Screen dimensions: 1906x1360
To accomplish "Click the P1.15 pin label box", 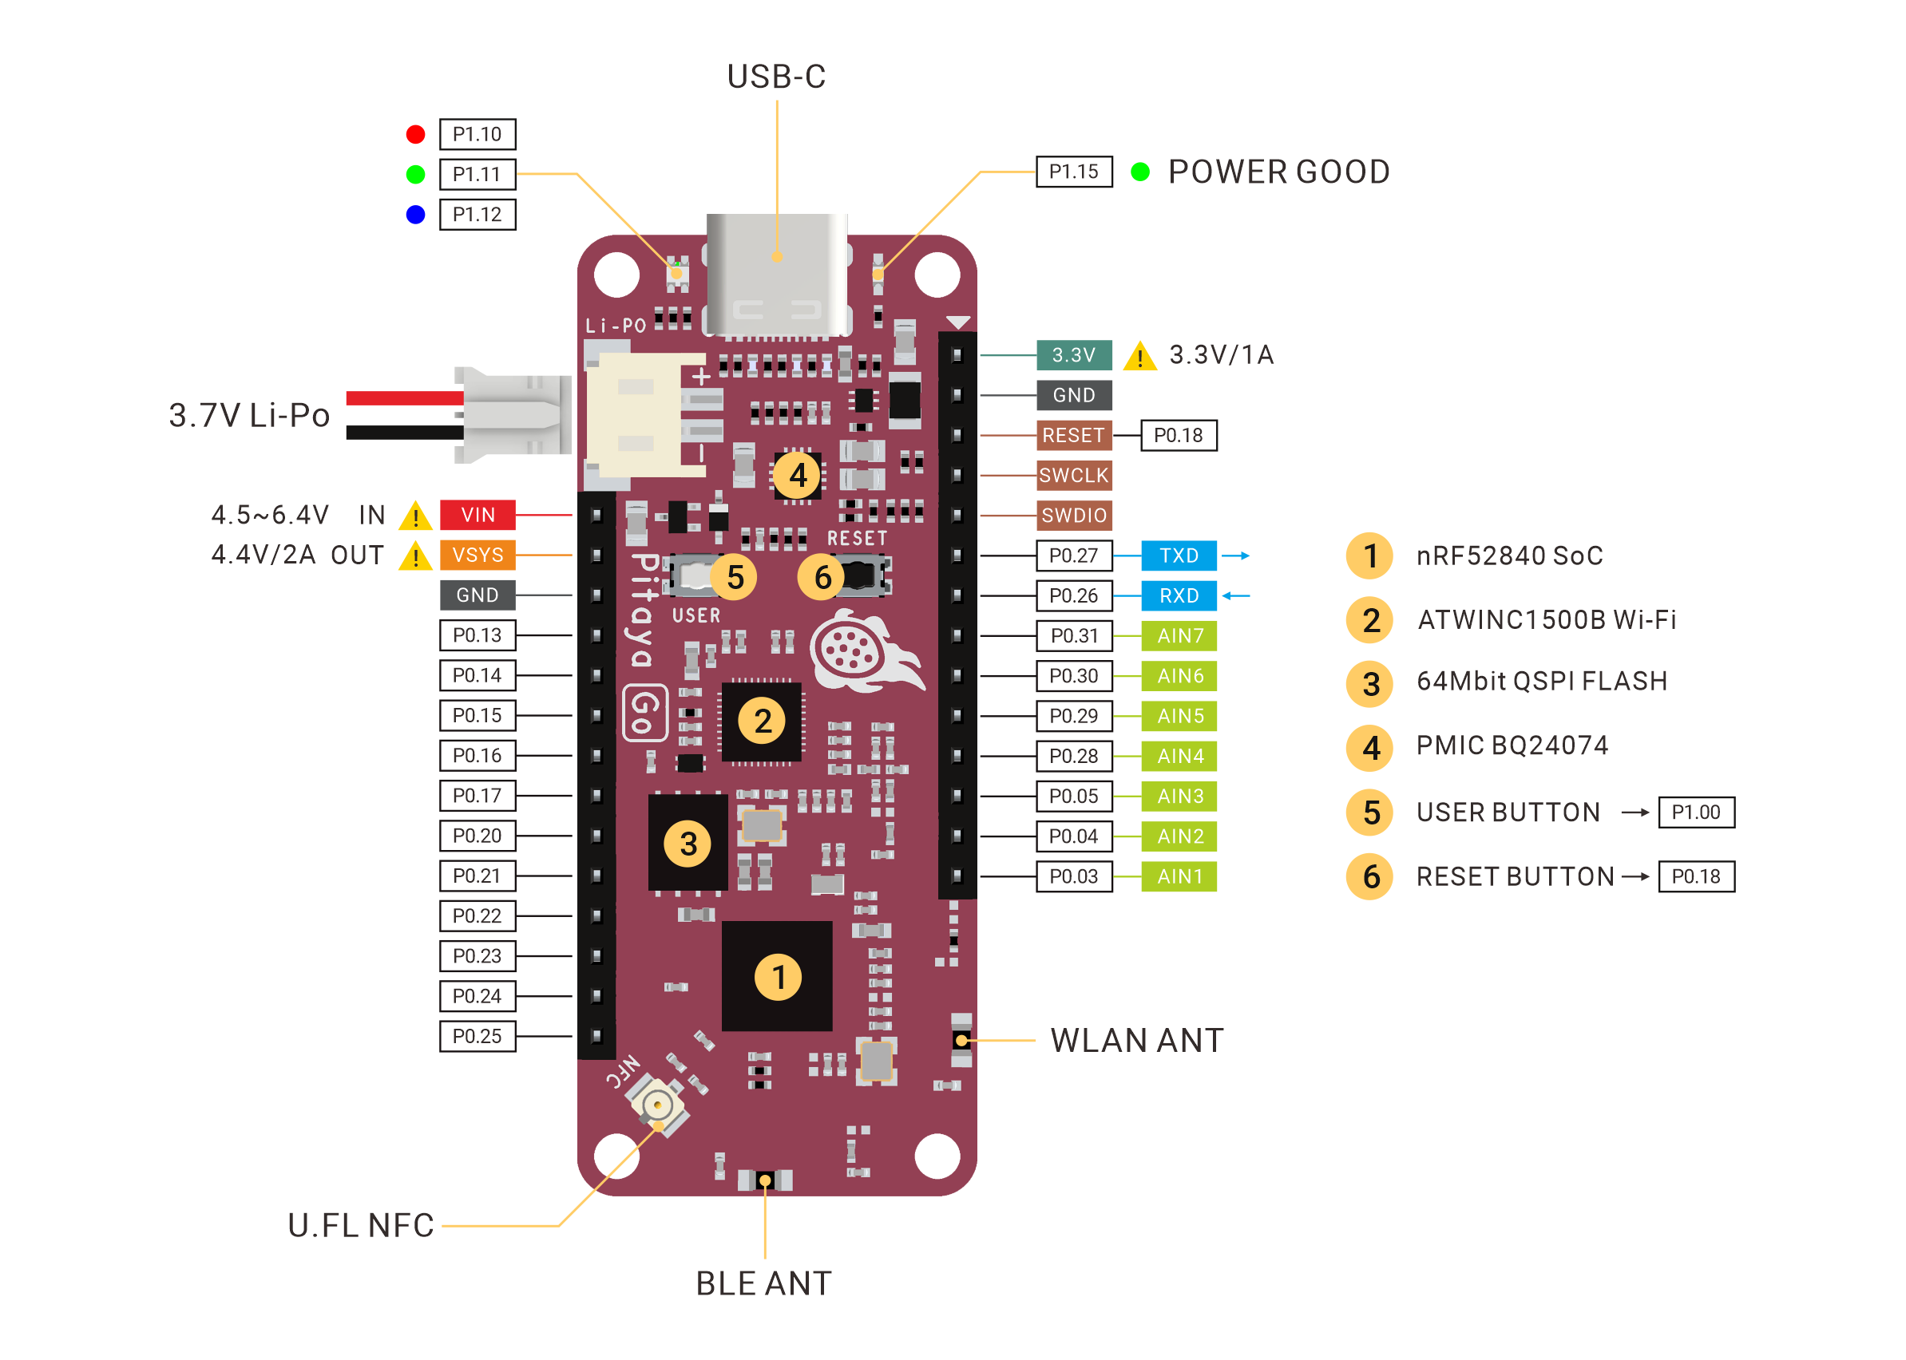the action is pyautogui.click(x=1073, y=172).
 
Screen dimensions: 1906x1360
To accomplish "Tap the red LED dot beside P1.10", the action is pyautogui.click(x=415, y=134).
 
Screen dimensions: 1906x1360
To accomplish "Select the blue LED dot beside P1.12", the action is pyautogui.click(x=415, y=215).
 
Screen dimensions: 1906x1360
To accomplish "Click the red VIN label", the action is pyautogui.click(x=477, y=515).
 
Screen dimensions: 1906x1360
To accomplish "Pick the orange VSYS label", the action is pyautogui.click(x=477, y=555).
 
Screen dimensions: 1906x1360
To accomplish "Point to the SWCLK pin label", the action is pyautogui.click(x=1073, y=475).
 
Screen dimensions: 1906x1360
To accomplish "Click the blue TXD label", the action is pyautogui.click(x=1179, y=555).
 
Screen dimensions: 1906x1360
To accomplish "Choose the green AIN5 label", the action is pyautogui.click(x=1179, y=716).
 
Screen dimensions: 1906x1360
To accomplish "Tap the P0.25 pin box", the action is pyautogui.click(x=477, y=1036).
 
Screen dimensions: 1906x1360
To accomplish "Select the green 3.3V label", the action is pyautogui.click(x=1073, y=355).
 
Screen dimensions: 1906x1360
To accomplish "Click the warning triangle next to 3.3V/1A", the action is pyautogui.click(x=1139, y=356).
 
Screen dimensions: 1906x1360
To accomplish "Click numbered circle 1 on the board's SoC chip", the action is pyautogui.click(x=779, y=977).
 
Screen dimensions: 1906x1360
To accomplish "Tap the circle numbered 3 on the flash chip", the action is pyautogui.click(x=688, y=844).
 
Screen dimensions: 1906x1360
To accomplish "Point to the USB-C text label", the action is pyautogui.click(x=777, y=76).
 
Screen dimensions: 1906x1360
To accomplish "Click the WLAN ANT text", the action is pyautogui.click(x=1137, y=1040).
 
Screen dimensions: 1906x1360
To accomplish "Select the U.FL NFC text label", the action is pyautogui.click(x=361, y=1225).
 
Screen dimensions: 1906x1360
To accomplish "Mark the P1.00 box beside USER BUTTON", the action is pyautogui.click(x=1697, y=812).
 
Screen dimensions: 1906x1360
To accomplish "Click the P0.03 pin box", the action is pyautogui.click(x=1073, y=876).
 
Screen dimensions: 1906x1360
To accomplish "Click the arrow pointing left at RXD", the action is pyautogui.click(x=1236, y=595).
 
